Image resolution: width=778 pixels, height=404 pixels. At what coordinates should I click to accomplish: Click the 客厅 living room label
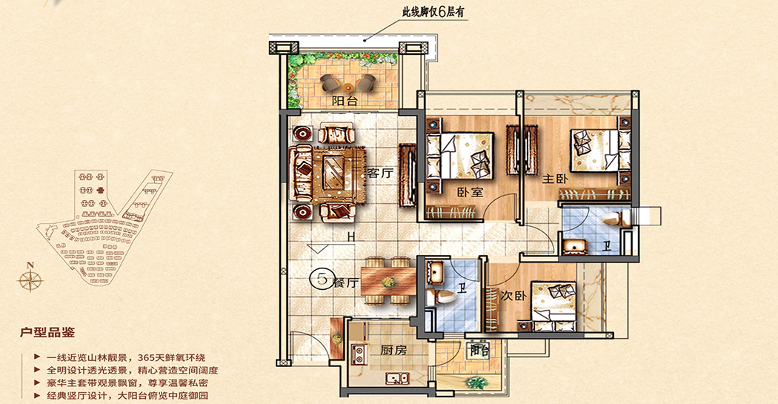click(x=379, y=173)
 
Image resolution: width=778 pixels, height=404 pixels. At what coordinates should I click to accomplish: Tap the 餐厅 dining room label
click(x=345, y=282)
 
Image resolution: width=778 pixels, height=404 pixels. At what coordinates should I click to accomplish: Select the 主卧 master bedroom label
click(x=555, y=178)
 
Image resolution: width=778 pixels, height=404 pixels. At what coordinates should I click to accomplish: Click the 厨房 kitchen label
click(x=393, y=351)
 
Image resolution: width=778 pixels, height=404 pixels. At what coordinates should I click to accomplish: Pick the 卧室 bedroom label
click(x=470, y=191)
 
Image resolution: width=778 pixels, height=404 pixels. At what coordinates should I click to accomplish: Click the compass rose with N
click(x=30, y=279)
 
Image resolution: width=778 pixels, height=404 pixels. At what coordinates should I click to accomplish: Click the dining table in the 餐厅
click(x=388, y=282)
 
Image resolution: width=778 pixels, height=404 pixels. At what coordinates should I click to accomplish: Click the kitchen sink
click(x=397, y=378)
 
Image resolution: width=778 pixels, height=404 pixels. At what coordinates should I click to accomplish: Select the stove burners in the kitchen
click(x=357, y=352)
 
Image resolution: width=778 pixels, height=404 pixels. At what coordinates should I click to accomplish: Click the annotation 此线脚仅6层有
click(x=433, y=11)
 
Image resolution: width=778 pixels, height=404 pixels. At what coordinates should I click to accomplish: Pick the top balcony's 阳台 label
click(x=345, y=102)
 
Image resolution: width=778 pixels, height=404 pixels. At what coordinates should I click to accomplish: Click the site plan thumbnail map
click(x=104, y=227)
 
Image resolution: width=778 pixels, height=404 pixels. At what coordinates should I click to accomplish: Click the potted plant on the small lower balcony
click(x=476, y=383)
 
